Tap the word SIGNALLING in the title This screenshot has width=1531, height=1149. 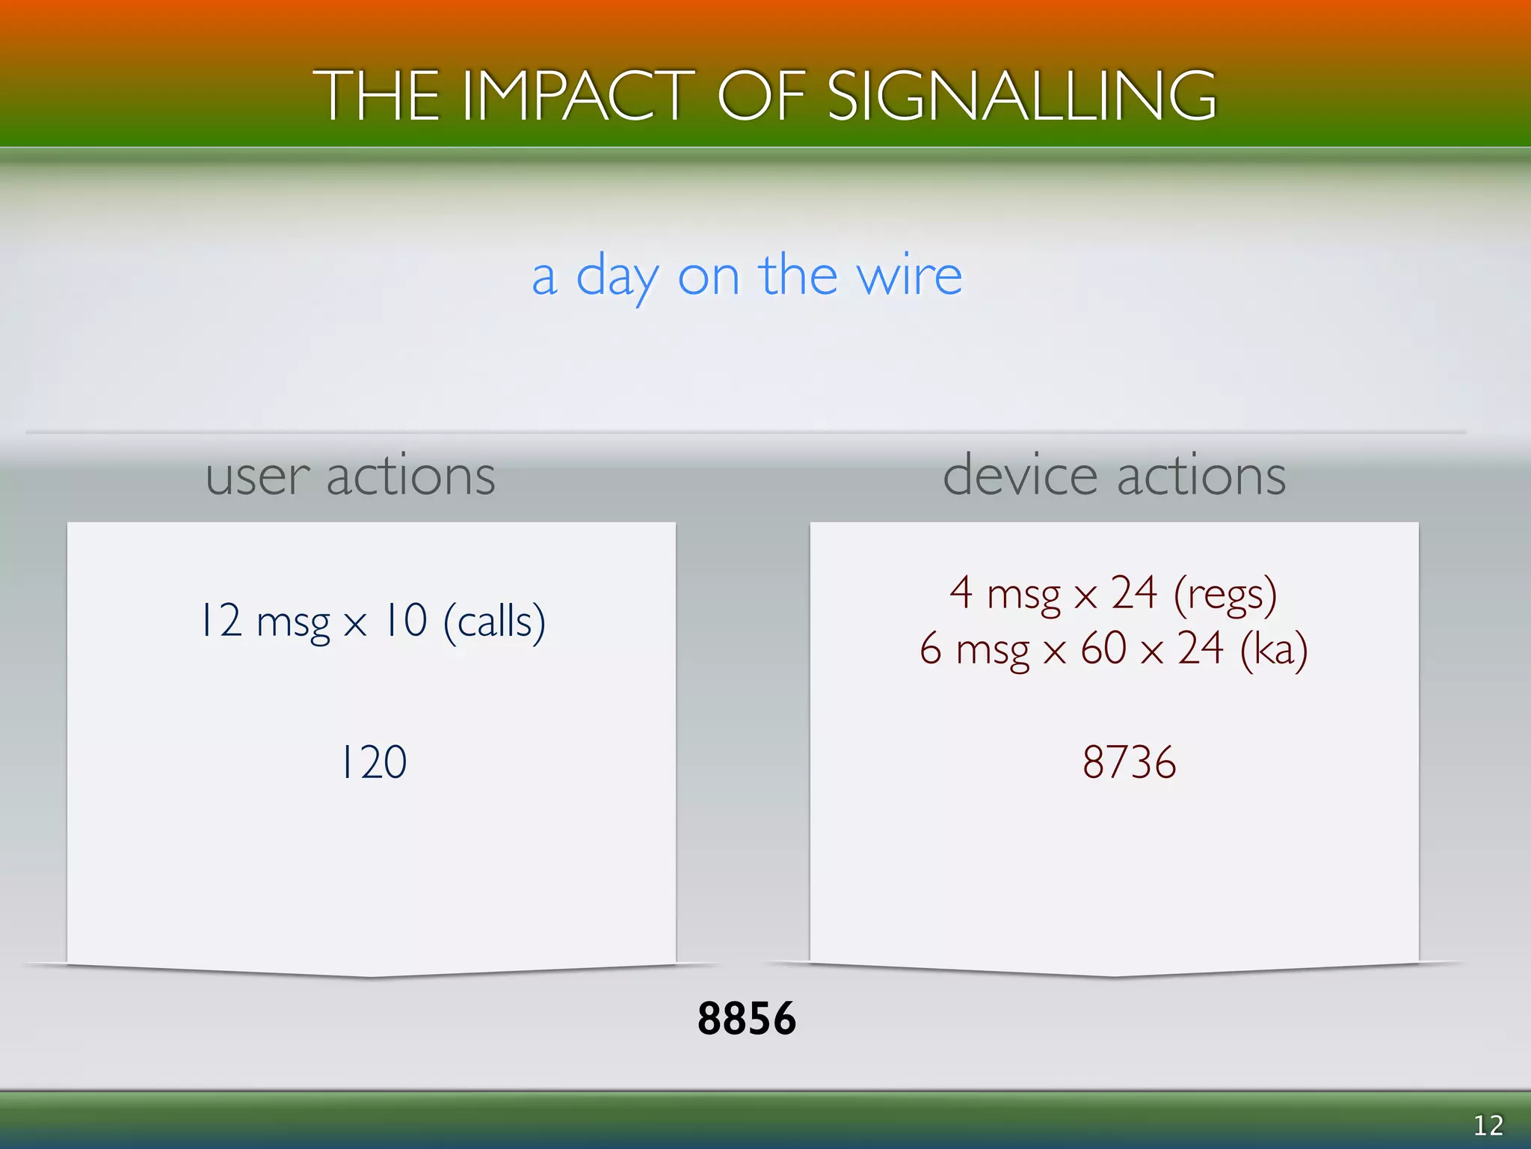[x=1022, y=96]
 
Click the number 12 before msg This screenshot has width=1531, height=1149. [x=221, y=620]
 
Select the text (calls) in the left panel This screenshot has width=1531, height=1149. [x=494, y=622]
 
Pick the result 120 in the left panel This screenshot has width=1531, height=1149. [x=373, y=762]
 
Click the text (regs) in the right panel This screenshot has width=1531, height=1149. [x=1225, y=594]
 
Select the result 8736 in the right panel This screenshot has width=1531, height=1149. [x=1129, y=762]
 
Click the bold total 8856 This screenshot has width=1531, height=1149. [x=747, y=1018]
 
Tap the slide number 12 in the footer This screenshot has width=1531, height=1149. [x=1488, y=1125]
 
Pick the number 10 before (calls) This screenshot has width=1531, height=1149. [x=404, y=620]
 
